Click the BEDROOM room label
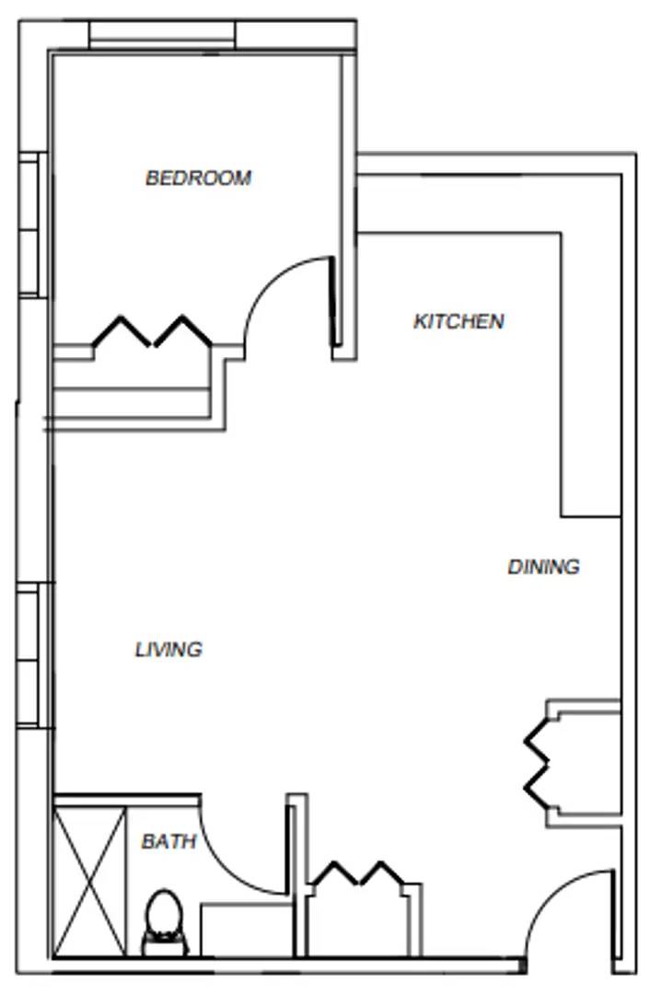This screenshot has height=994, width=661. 198,178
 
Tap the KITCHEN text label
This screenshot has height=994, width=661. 458,321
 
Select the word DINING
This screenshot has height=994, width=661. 543,567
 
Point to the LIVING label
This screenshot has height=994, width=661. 168,650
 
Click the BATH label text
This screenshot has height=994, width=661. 168,841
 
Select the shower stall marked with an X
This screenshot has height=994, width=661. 89,881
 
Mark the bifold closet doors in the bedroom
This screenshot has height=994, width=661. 152,331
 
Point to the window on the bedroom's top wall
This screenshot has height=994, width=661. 162,35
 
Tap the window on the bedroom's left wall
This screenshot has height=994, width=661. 30,224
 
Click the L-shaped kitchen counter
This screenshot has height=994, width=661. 589,368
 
